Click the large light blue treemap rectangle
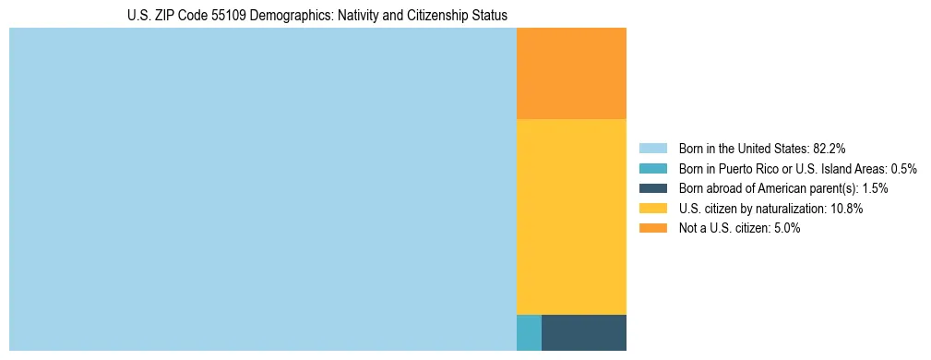coord(262,189)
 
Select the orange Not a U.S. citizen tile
coord(571,74)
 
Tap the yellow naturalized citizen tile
coord(571,217)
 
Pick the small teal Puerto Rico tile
coord(529,332)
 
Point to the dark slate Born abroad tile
coord(584,332)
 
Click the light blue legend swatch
coord(652,148)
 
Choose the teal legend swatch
coord(652,168)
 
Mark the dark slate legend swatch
coord(652,188)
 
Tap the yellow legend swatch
coord(652,209)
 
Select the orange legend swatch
coord(652,228)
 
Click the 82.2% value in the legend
coord(830,148)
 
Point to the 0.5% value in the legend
coord(903,168)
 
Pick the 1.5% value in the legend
coord(875,188)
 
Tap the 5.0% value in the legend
coord(786,228)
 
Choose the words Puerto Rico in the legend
coord(744,168)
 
